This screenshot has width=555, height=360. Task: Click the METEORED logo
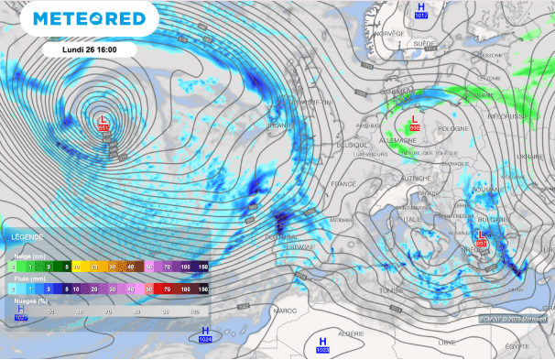(88, 19)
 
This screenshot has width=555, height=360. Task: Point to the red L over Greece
(481, 235)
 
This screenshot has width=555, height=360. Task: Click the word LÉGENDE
(22, 237)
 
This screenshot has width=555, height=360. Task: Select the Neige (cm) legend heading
(30, 256)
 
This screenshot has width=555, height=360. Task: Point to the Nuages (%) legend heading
(31, 300)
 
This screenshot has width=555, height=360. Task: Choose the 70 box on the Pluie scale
(167, 288)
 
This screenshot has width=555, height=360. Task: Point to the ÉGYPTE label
(517, 346)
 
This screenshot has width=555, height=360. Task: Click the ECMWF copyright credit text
(514, 318)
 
